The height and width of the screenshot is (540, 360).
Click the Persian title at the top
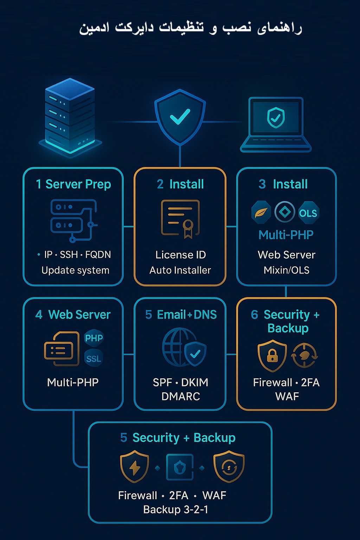click(x=190, y=28)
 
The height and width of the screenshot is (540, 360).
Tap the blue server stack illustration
click(x=70, y=116)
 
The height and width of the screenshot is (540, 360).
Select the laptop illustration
click(x=276, y=124)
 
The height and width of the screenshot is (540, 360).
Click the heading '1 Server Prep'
click(x=73, y=184)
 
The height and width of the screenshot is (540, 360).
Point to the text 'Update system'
click(x=75, y=270)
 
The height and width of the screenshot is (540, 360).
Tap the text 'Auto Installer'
click(x=180, y=270)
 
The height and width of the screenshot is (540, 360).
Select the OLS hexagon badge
click(x=308, y=213)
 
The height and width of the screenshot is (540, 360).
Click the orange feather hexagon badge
click(x=261, y=212)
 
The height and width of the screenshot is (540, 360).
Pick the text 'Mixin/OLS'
click(x=287, y=270)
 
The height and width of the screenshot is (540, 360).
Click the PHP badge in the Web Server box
click(x=94, y=338)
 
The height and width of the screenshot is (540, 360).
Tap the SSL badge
click(x=94, y=358)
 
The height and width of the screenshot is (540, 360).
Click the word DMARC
click(x=181, y=397)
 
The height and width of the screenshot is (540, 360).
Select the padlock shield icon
click(x=272, y=355)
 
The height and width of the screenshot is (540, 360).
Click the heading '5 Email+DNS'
click(x=181, y=315)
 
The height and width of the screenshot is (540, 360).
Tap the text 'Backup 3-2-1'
click(x=176, y=509)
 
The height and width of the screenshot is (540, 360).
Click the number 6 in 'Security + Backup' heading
click(x=255, y=315)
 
